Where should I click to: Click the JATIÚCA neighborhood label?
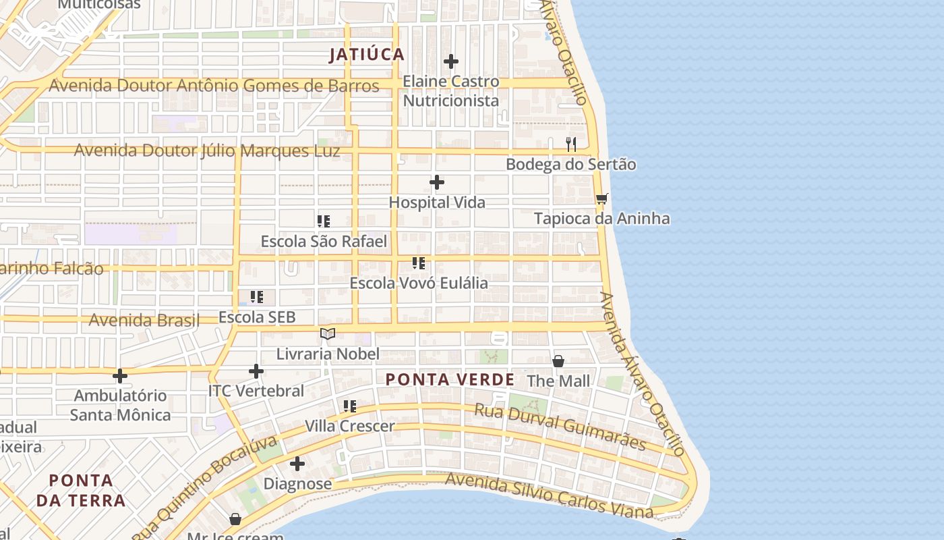pyautogui.click(x=367, y=55)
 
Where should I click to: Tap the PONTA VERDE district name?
pyautogui.click(x=450, y=379)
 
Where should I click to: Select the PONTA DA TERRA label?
pyautogui.click(x=81, y=491)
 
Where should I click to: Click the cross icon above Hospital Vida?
pyautogui.click(x=437, y=182)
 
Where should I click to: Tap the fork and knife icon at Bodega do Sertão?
pyautogui.click(x=571, y=144)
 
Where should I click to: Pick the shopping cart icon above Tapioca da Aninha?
pyautogui.click(x=602, y=198)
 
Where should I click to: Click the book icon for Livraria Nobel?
pyautogui.click(x=328, y=333)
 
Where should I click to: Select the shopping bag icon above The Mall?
pyautogui.click(x=558, y=361)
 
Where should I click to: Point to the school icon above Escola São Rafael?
pyautogui.click(x=324, y=221)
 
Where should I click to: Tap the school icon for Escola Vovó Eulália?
pyautogui.click(x=419, y=263)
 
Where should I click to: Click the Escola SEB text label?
pyautogui.click(x=257, y=317)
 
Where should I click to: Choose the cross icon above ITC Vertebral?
pyautogui.click(x=256, y=371)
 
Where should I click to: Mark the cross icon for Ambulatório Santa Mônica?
pyautogui.click(x=120, y=376)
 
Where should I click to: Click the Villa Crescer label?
pyautogui.click(x=350, y=427)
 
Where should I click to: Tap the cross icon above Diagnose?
pyautogui.click(x=297, y=464)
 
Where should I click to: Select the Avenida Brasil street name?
pyautogui.click(x=144, y=320)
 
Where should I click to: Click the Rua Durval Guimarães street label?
pyautogui.click(x=560, y=427)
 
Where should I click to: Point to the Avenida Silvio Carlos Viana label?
pyautogui.click(x=549, y=496)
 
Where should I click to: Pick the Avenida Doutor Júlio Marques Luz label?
pyautogui.click(x=207, y=151)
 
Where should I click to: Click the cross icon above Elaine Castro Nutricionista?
pyautogui.click(x=451, y=61)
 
